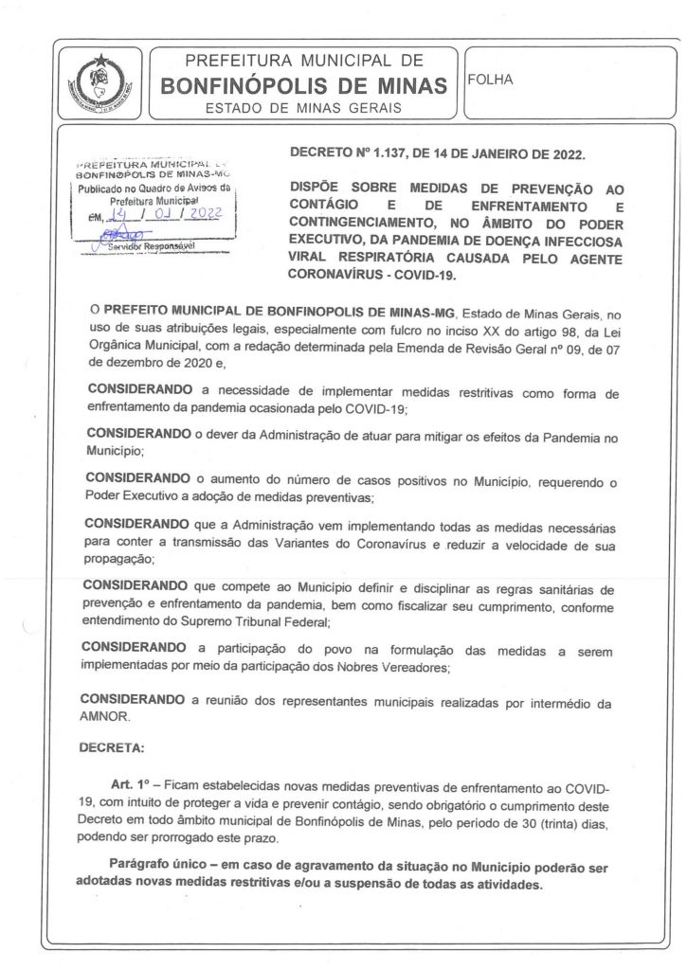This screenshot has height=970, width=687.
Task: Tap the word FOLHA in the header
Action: (491, 80)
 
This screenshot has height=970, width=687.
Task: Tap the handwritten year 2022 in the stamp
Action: (202, 217)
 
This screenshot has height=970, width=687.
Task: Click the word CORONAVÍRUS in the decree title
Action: (337, 277)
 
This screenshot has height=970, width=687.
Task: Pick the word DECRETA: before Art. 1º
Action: (113, 747)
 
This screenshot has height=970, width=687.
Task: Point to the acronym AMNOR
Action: (107, 718)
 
